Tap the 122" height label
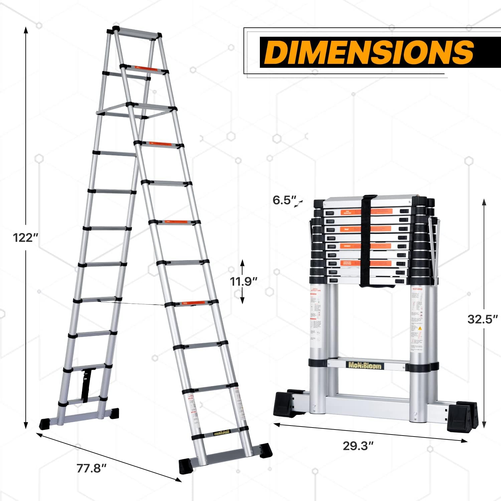tap(25, 238)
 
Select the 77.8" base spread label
tap(91, 468)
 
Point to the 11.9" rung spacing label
tap(243, 282)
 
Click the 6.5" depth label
tap(284, 200)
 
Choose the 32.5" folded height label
tap(482, 319)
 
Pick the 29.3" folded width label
tap(358, 446)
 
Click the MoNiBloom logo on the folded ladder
tap(365, 365)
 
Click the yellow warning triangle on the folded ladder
tap(420, 328)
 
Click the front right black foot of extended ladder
tap(265, 450)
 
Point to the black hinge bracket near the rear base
tap(86, 384)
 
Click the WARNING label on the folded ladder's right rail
tap(418, 289)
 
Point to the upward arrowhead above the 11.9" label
tap(243, 262)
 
